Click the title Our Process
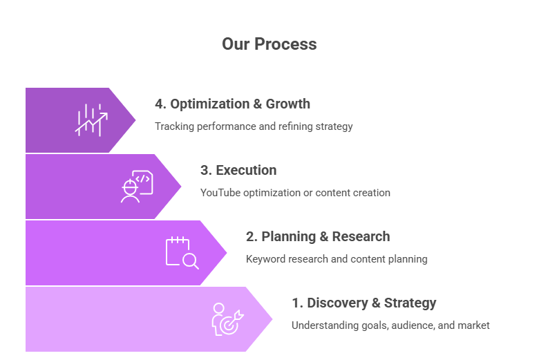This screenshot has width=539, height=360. coord(269,44)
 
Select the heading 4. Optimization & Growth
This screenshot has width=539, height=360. coord(232,104)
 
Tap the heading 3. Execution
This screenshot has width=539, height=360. coord(238,170)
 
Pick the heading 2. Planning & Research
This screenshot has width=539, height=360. coord(318,236)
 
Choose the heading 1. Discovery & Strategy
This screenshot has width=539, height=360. coord(363,303)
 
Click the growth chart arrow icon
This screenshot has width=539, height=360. coord(92,120)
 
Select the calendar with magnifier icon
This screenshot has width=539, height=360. coord(182,252)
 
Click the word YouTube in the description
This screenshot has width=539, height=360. coord(218,193)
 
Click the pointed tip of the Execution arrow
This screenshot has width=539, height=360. coord(182,186)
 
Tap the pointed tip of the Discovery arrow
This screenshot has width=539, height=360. coord(273,319)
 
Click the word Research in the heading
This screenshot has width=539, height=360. coord(361,236)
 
